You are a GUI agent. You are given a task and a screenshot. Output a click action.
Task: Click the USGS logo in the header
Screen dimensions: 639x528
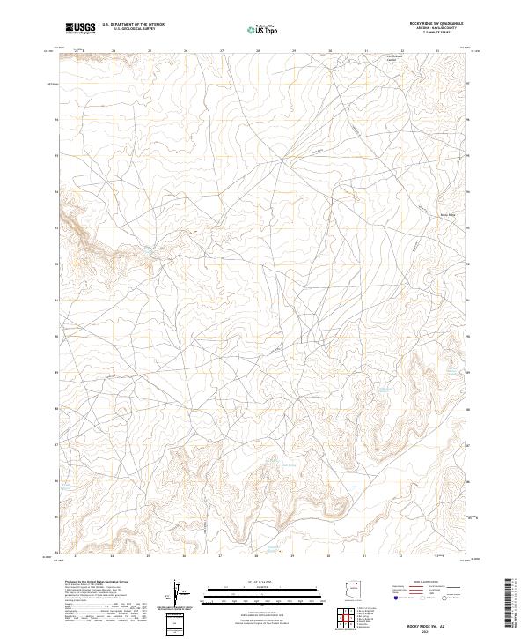[81, 28]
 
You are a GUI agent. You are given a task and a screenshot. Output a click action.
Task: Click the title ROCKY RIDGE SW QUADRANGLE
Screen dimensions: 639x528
[429, 23]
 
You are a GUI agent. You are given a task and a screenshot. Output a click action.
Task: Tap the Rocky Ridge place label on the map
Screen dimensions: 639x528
[447, 214]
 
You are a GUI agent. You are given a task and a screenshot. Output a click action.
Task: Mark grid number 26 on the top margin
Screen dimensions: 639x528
[186, 50]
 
